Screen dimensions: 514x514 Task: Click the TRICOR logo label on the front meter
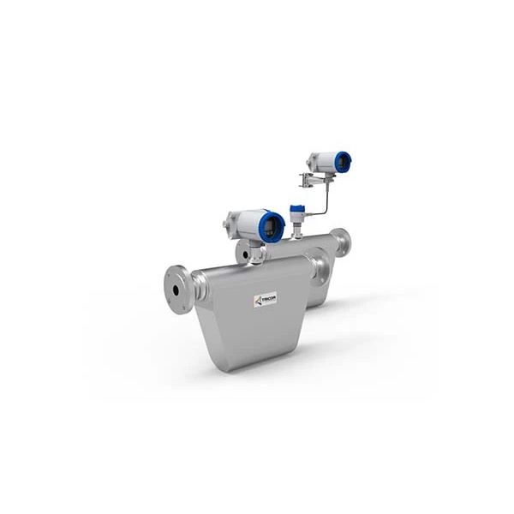(263, 300)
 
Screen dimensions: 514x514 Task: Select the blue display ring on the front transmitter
(273, 225)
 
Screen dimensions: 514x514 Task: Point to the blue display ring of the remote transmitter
(343, 161)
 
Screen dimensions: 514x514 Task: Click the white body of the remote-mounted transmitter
(324, 161)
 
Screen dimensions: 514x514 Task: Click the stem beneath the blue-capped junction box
(297, 228)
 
